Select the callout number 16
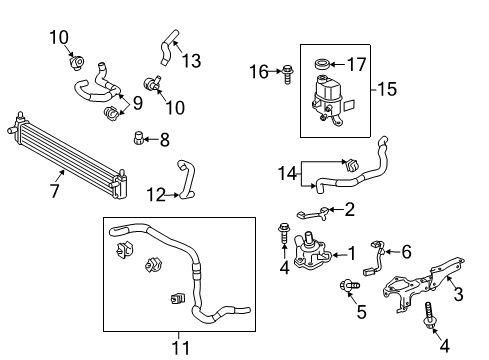click(x=257, y=71)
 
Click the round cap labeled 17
click(x=323, y=67)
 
